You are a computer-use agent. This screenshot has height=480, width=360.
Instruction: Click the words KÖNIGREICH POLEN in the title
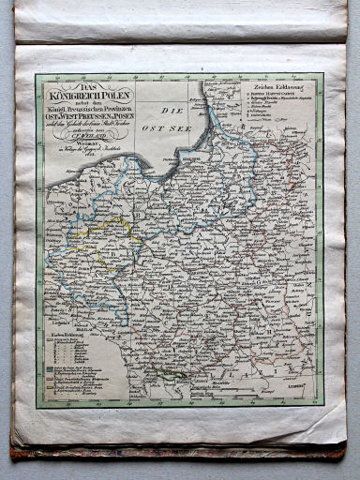tap(87, 95)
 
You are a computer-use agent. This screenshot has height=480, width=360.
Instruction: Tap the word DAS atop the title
tap(87, 85)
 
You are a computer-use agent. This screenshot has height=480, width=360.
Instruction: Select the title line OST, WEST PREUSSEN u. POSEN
tap(87, 116)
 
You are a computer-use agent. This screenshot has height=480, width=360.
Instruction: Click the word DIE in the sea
tap(168, 112)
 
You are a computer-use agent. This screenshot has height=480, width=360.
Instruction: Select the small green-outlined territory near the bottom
tap(170, 373)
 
